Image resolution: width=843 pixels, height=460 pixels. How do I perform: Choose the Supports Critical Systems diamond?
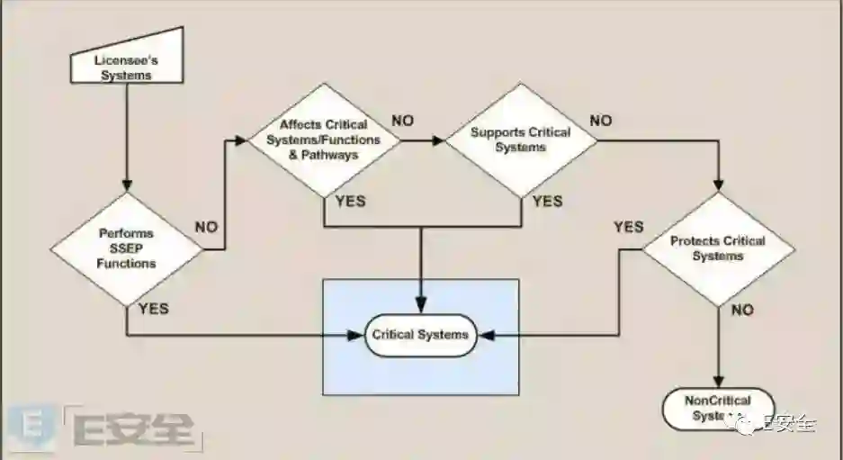tap(521, 139)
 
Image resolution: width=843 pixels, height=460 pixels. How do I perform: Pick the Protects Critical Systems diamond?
tap(718, 248)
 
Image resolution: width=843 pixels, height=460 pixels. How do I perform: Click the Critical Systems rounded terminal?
tap(420, 335)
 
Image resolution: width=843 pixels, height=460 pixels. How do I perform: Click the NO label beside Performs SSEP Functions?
tap(206, 227)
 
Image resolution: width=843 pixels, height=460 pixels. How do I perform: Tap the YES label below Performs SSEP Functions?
tap(153, 309)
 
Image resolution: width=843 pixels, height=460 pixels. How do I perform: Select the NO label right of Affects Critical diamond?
tap(402, 120)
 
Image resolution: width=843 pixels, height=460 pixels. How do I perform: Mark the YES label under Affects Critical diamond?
tap(351, 201)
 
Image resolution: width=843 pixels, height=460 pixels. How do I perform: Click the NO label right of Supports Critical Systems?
tap(600, 120)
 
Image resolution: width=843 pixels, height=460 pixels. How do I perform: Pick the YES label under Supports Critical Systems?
tap(547, 201)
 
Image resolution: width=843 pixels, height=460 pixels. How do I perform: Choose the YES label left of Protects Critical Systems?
tap(628, 227)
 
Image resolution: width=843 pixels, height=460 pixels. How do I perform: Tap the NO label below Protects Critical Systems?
tap(742, 310)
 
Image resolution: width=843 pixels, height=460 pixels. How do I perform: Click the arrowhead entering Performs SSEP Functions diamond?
tap(127, 186)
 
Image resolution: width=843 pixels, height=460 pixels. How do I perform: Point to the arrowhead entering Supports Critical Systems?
tap(440, 140)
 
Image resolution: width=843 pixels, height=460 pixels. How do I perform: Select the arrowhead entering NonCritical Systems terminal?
tap(718, 382)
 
